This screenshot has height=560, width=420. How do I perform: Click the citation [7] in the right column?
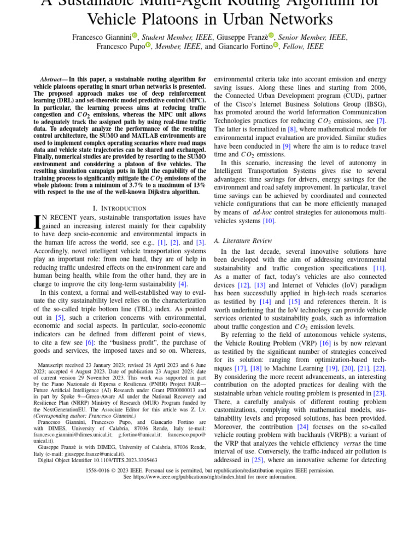[381, 120]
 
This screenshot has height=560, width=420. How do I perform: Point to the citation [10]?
[269, 221]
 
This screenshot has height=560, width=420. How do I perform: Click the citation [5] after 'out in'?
[60, 317]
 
